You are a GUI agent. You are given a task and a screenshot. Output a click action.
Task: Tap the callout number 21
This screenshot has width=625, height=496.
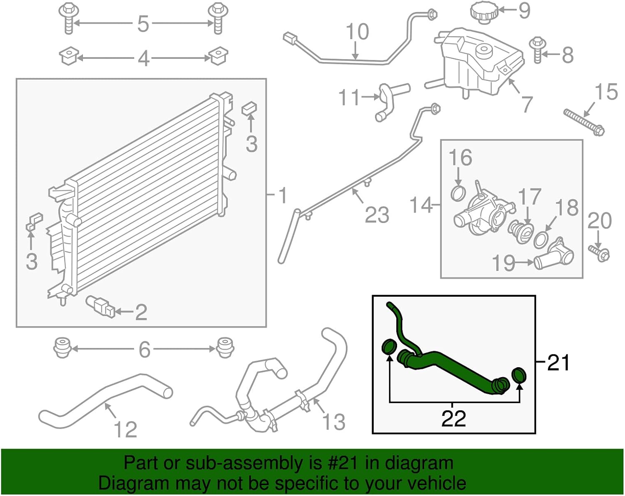pyautogui.click(x=558, y=362)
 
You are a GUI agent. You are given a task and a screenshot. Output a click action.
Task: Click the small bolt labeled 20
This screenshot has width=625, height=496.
pyautogui.click(x=600, y=253)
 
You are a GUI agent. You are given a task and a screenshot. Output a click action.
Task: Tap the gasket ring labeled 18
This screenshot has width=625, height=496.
pyautogui.click(x=541, y=240)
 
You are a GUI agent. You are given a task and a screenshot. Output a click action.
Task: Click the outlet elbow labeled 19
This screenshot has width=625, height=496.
pyautogui.click(x=554, y=255)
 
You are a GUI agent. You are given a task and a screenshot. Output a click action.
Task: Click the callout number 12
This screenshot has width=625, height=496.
pyautogui.click(x=125, y=429)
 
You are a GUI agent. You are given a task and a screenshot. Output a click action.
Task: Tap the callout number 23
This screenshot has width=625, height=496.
pyautogui.click(x=377, y=215)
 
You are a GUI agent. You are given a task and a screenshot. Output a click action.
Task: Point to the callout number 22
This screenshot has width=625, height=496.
pyautogui.click(x=453, y=418)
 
